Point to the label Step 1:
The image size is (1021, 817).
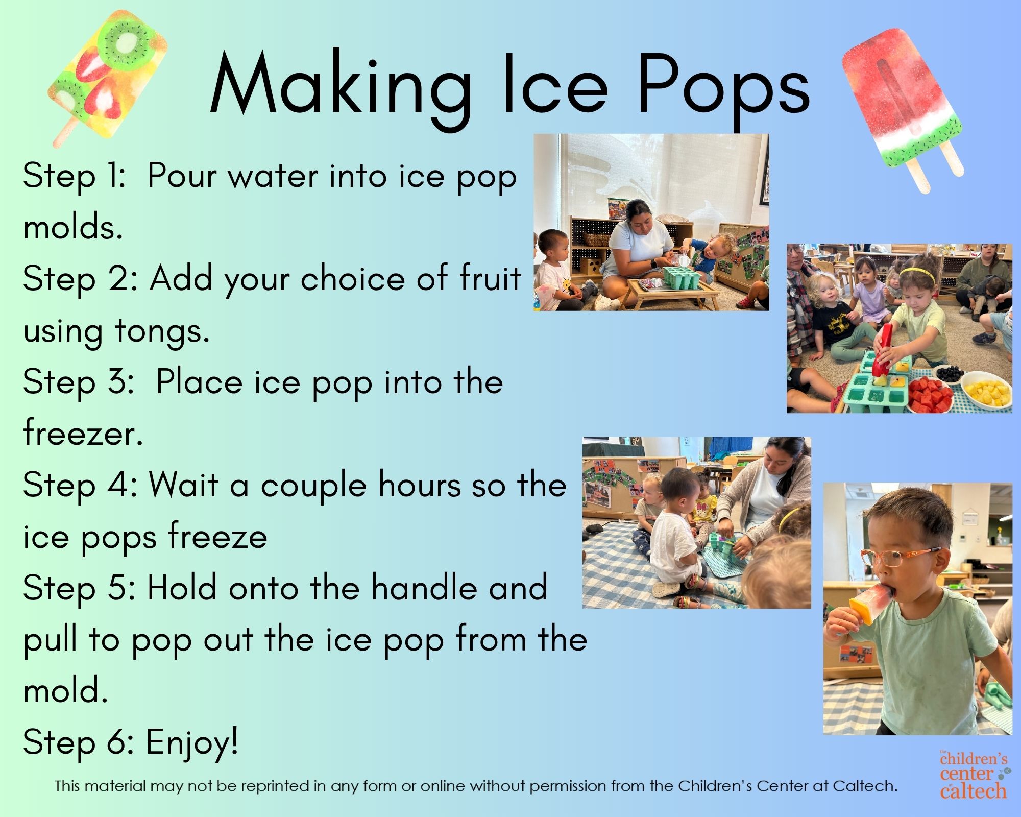[x=74, y=176]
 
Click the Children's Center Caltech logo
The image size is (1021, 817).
[x=974, y=774]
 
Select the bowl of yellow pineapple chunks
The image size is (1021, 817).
[x=987, y=389]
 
